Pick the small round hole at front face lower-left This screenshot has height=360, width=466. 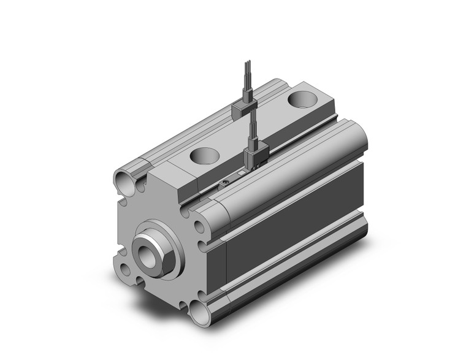pos(126,268)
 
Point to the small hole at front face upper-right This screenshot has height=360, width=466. pos(201,228)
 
